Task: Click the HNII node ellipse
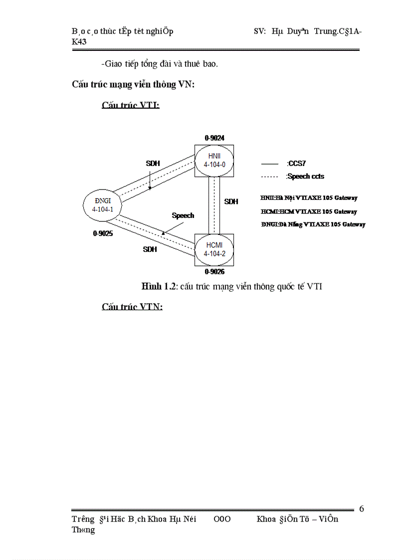click(214, 160)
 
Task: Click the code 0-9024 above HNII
click(214, 137)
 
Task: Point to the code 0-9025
click(103, 233)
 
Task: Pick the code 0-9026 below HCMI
click(214, 272)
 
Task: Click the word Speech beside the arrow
click(183, 215)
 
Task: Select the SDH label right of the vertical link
click(231, 201)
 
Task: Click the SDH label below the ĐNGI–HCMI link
click(150, 249)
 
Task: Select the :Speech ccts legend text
click(304, 177)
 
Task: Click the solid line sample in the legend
click(269, 164)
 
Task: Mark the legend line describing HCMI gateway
click(309, 211)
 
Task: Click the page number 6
click(362, 509)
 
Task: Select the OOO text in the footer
click(222, 519)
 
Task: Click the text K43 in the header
click(79, 42)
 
